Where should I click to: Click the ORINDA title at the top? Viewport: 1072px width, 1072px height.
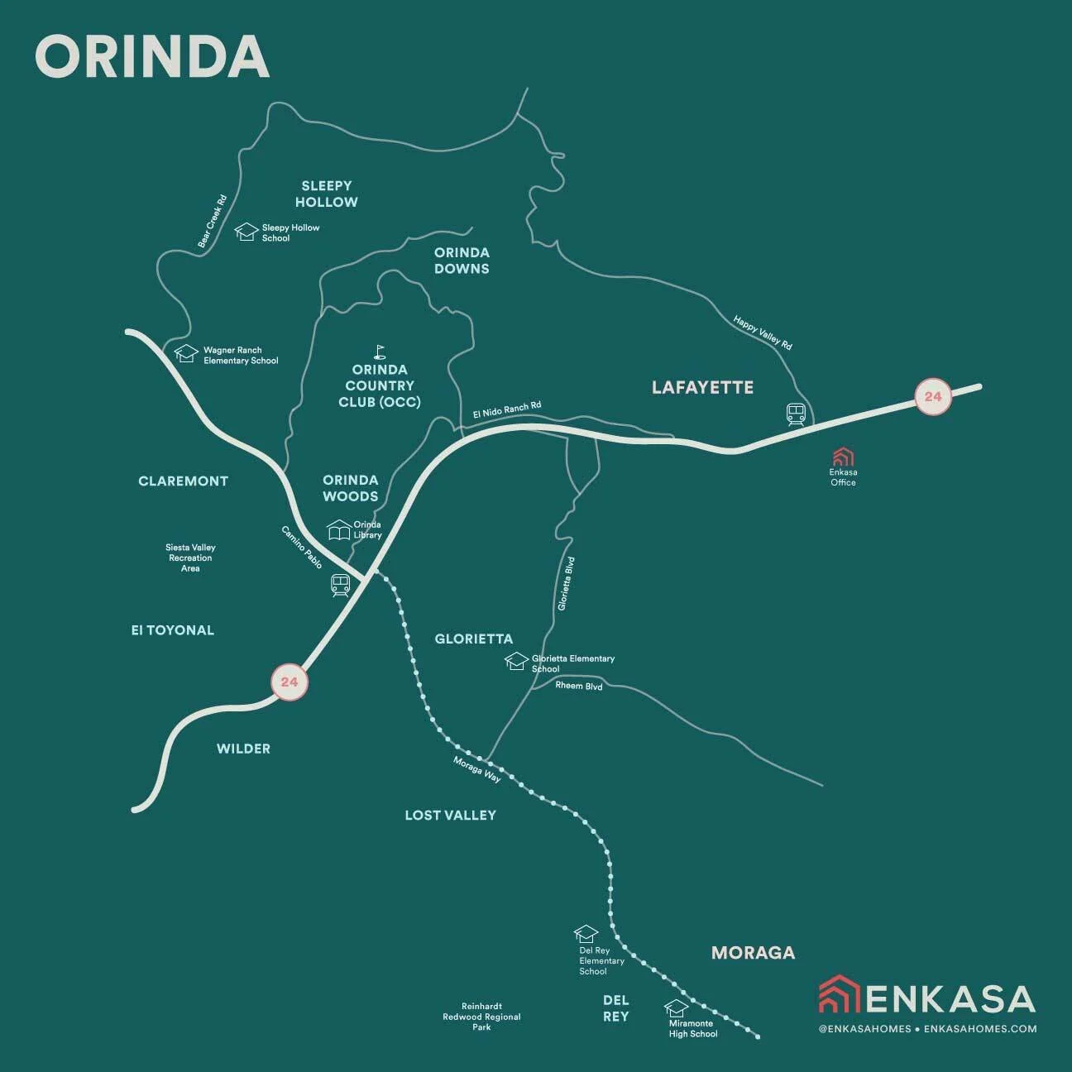(152, 57)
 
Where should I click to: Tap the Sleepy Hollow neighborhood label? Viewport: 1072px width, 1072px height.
(327, 194)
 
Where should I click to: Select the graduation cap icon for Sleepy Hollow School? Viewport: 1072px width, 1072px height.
(246, 232)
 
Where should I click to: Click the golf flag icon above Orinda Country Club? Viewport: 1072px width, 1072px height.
(380, 352)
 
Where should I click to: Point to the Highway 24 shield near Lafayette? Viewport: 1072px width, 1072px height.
(932, 396)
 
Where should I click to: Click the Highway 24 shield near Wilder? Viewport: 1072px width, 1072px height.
(289, 682)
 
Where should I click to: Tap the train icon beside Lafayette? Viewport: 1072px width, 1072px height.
(797, 414)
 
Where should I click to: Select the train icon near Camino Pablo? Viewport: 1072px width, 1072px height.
(341, 586)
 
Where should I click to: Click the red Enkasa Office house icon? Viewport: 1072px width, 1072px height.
(843, 457)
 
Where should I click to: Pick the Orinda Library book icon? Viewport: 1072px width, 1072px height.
(339, 529)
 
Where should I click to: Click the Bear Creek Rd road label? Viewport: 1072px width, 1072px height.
(213, 222)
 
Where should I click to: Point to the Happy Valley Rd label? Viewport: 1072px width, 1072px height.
(763, 332)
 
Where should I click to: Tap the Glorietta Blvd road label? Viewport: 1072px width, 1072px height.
(566, 584)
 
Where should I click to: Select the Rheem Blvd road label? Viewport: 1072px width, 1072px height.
(578, 687)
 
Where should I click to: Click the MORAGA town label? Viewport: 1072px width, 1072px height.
(753, 953)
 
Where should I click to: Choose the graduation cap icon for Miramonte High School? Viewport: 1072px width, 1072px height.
(676, 1008)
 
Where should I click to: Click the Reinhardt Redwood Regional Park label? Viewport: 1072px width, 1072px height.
(481, 1017)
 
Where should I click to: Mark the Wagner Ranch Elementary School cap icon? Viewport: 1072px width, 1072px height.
(187, 354)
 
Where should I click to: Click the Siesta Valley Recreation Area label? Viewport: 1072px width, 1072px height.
(190, 558)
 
